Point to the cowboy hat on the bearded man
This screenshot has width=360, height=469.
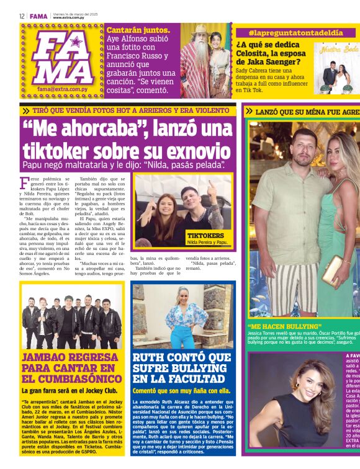(200, 29)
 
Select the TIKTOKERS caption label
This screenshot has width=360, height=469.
(206, 236)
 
